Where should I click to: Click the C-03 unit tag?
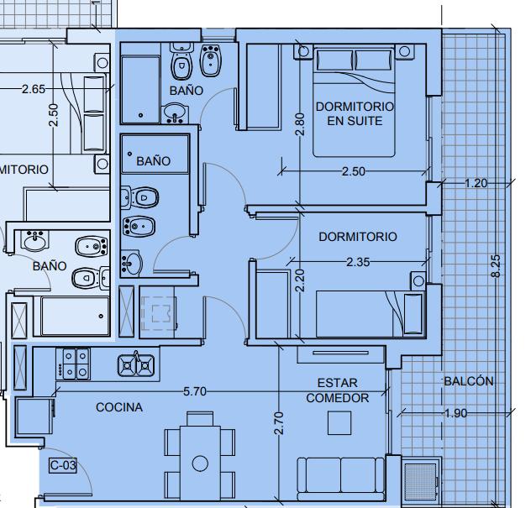point(63,465)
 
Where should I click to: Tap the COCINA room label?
point(119,407)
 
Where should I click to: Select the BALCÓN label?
point(469,381)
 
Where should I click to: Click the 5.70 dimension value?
point(195,391)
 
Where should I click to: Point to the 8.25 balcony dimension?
point(496,266)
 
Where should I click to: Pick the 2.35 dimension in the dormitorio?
point(358,262)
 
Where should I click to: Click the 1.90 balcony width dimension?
point(456,413)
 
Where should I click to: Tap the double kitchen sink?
point(136,365)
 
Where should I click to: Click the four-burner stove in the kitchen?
point(73,364)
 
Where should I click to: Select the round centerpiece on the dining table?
point(200,463)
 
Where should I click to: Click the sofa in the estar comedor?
point(341,479)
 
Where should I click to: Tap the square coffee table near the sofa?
point(339,422)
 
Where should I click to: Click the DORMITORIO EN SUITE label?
point(355,113)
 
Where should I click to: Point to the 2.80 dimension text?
point(300,124)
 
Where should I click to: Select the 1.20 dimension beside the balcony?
point(476,183)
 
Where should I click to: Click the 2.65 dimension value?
point(34,89)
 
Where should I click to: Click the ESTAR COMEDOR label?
point(338,390)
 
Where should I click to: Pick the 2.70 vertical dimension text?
point(279,423)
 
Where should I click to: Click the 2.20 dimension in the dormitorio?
point(300,280)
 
